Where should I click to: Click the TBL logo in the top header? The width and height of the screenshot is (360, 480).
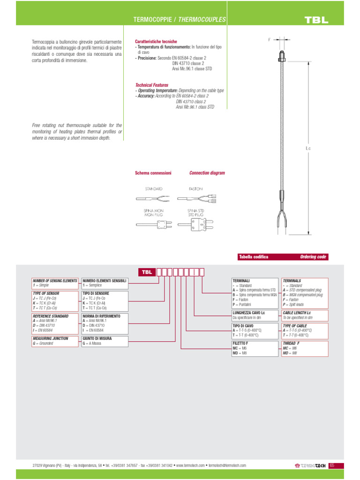316,20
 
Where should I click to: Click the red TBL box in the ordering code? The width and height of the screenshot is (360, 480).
146,272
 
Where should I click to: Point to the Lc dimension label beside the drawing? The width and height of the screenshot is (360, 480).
308,149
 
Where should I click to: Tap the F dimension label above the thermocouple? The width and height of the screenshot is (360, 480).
269,40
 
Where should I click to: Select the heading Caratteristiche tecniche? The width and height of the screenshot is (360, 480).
156,42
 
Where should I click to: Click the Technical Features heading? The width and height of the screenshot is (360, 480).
152,85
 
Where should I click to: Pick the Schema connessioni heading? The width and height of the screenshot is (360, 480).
153,173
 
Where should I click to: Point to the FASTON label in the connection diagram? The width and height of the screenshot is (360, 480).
196,188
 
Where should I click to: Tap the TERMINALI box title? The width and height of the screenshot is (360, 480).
241,280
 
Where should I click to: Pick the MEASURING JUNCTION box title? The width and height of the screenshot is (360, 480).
51,338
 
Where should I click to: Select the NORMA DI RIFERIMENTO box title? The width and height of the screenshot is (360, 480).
101,316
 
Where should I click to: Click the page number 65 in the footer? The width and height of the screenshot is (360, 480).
332,465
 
